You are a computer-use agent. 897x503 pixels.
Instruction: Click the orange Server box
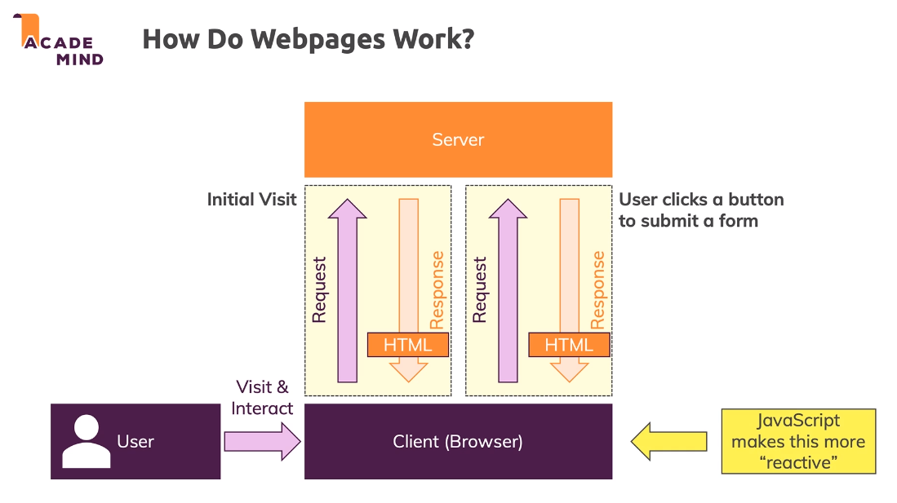pyautogui.click(x=458, y=139)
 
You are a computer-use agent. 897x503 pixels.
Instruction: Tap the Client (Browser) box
pyautogui.click(x=458, y=441)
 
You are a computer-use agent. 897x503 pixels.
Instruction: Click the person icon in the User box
pyautogui.click(x=86, y=441)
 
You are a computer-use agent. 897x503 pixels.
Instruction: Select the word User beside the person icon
pyautogui.click(x=135, y=441)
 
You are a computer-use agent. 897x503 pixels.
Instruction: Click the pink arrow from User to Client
pyautogui.click(x=262, y=441)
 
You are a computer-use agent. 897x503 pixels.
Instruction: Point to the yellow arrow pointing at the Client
pyautogui.click(x=668, y=441)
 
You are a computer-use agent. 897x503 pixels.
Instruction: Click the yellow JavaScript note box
pyautogui.click(x=797, y=441)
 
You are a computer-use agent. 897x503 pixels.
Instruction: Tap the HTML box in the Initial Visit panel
pyautogui.click(x=408, y=345)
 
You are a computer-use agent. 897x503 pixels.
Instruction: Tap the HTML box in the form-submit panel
pyautogui.click(x=569, y=345)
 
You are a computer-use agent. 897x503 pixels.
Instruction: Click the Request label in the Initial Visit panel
pyautogui.click(x=319, y=289)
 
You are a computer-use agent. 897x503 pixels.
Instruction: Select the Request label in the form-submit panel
pyautogui.click(x=480, y=289)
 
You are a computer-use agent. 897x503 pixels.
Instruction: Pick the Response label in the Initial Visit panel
pyautogui.click(x=437, y=289)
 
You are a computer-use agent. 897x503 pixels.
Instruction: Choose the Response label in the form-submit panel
pyautogui.click(x=598, y=289)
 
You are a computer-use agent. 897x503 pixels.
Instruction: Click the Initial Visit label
pyautogui.click(x=251, y=200)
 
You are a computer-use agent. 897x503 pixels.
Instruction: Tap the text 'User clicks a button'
pyautogui.click(x=701, y=200)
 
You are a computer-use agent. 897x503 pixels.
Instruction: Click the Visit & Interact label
pyautogui.click(x=262, y=397)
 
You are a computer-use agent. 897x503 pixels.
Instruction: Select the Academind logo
pyautogui.click(x=61, y=41)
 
